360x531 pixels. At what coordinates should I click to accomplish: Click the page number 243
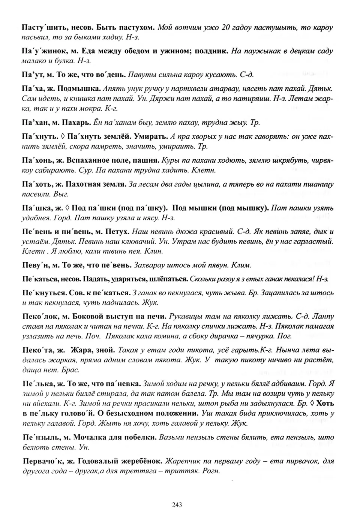[177, 505]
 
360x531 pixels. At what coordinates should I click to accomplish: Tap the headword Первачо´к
[41, 461]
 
